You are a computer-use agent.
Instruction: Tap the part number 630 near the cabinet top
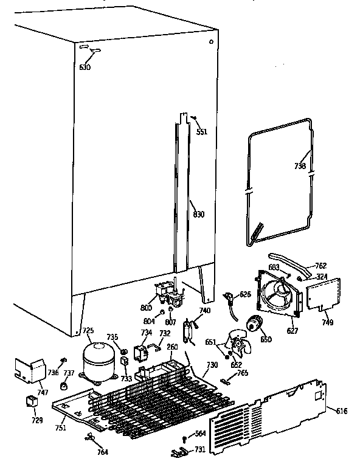(85, 67)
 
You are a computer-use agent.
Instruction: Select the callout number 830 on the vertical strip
(198, 214)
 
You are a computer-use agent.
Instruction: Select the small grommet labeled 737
(63, 386)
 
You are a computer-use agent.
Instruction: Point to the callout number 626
(244, 294)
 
